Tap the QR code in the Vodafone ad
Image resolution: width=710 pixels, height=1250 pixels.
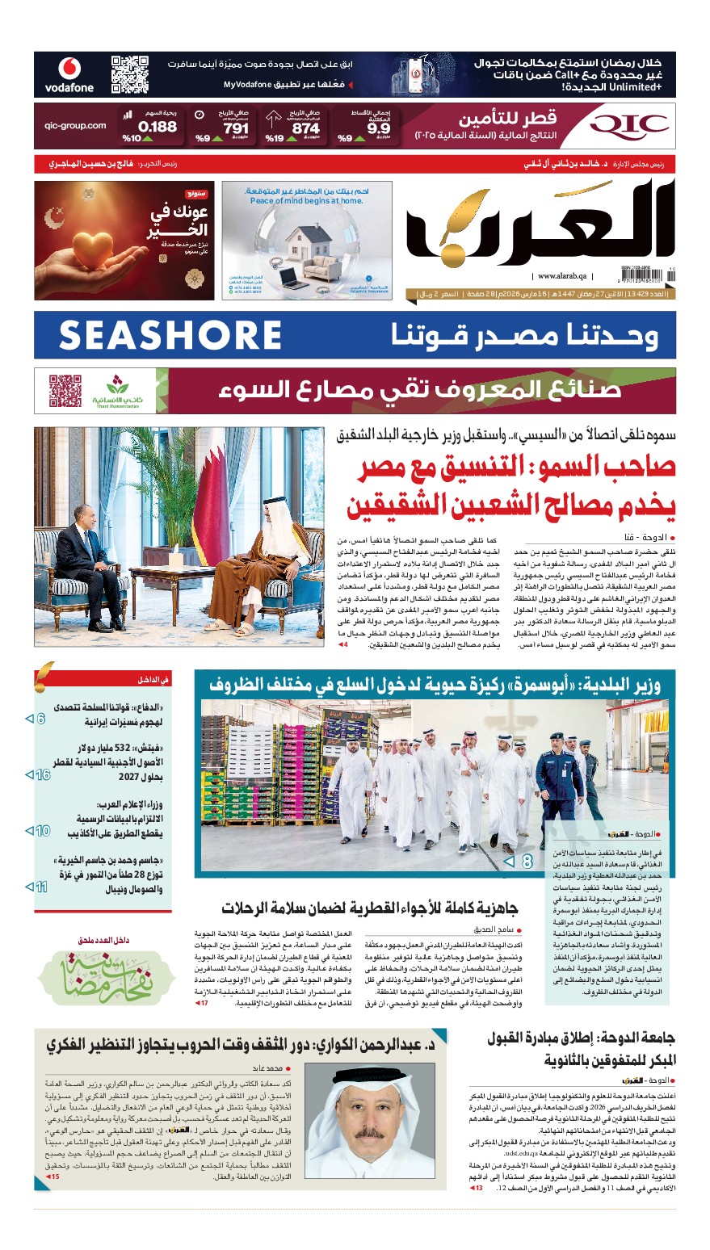(130, 74)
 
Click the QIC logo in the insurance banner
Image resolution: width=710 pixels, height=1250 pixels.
(629, 125)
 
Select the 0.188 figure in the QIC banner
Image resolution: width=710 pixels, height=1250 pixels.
(157, 127)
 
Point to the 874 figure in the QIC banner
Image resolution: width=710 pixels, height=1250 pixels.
(305, 128)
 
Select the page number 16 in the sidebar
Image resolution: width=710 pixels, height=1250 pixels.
(42, 774)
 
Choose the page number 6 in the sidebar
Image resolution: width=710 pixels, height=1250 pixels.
(40, 718)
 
